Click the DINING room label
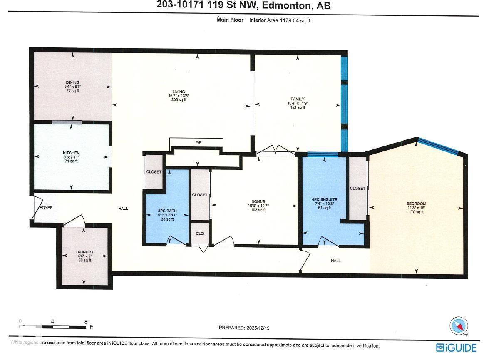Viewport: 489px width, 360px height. (72, 82)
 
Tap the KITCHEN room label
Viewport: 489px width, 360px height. (71, 153)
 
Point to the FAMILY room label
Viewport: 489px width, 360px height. (298, 99)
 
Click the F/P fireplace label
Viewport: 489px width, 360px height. (199, 143)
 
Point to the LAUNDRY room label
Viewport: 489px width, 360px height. (84, 252)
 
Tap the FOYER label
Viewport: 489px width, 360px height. (46, 207)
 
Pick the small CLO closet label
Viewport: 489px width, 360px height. (200, 233)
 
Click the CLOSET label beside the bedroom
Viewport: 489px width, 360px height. (357, 188)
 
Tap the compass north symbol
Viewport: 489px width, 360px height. (459, 326)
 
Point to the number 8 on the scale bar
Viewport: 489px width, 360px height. (86, 321)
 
